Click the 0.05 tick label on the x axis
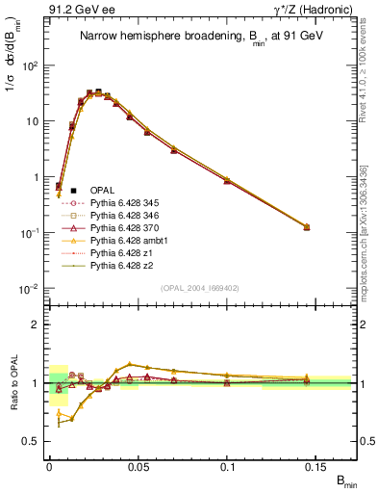tap(139, 466)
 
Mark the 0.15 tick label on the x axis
tap(316, 466)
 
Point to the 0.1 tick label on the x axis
tap(228, 466)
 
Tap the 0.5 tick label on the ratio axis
tap(33, 442)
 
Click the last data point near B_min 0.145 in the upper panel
tap(307, 227)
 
